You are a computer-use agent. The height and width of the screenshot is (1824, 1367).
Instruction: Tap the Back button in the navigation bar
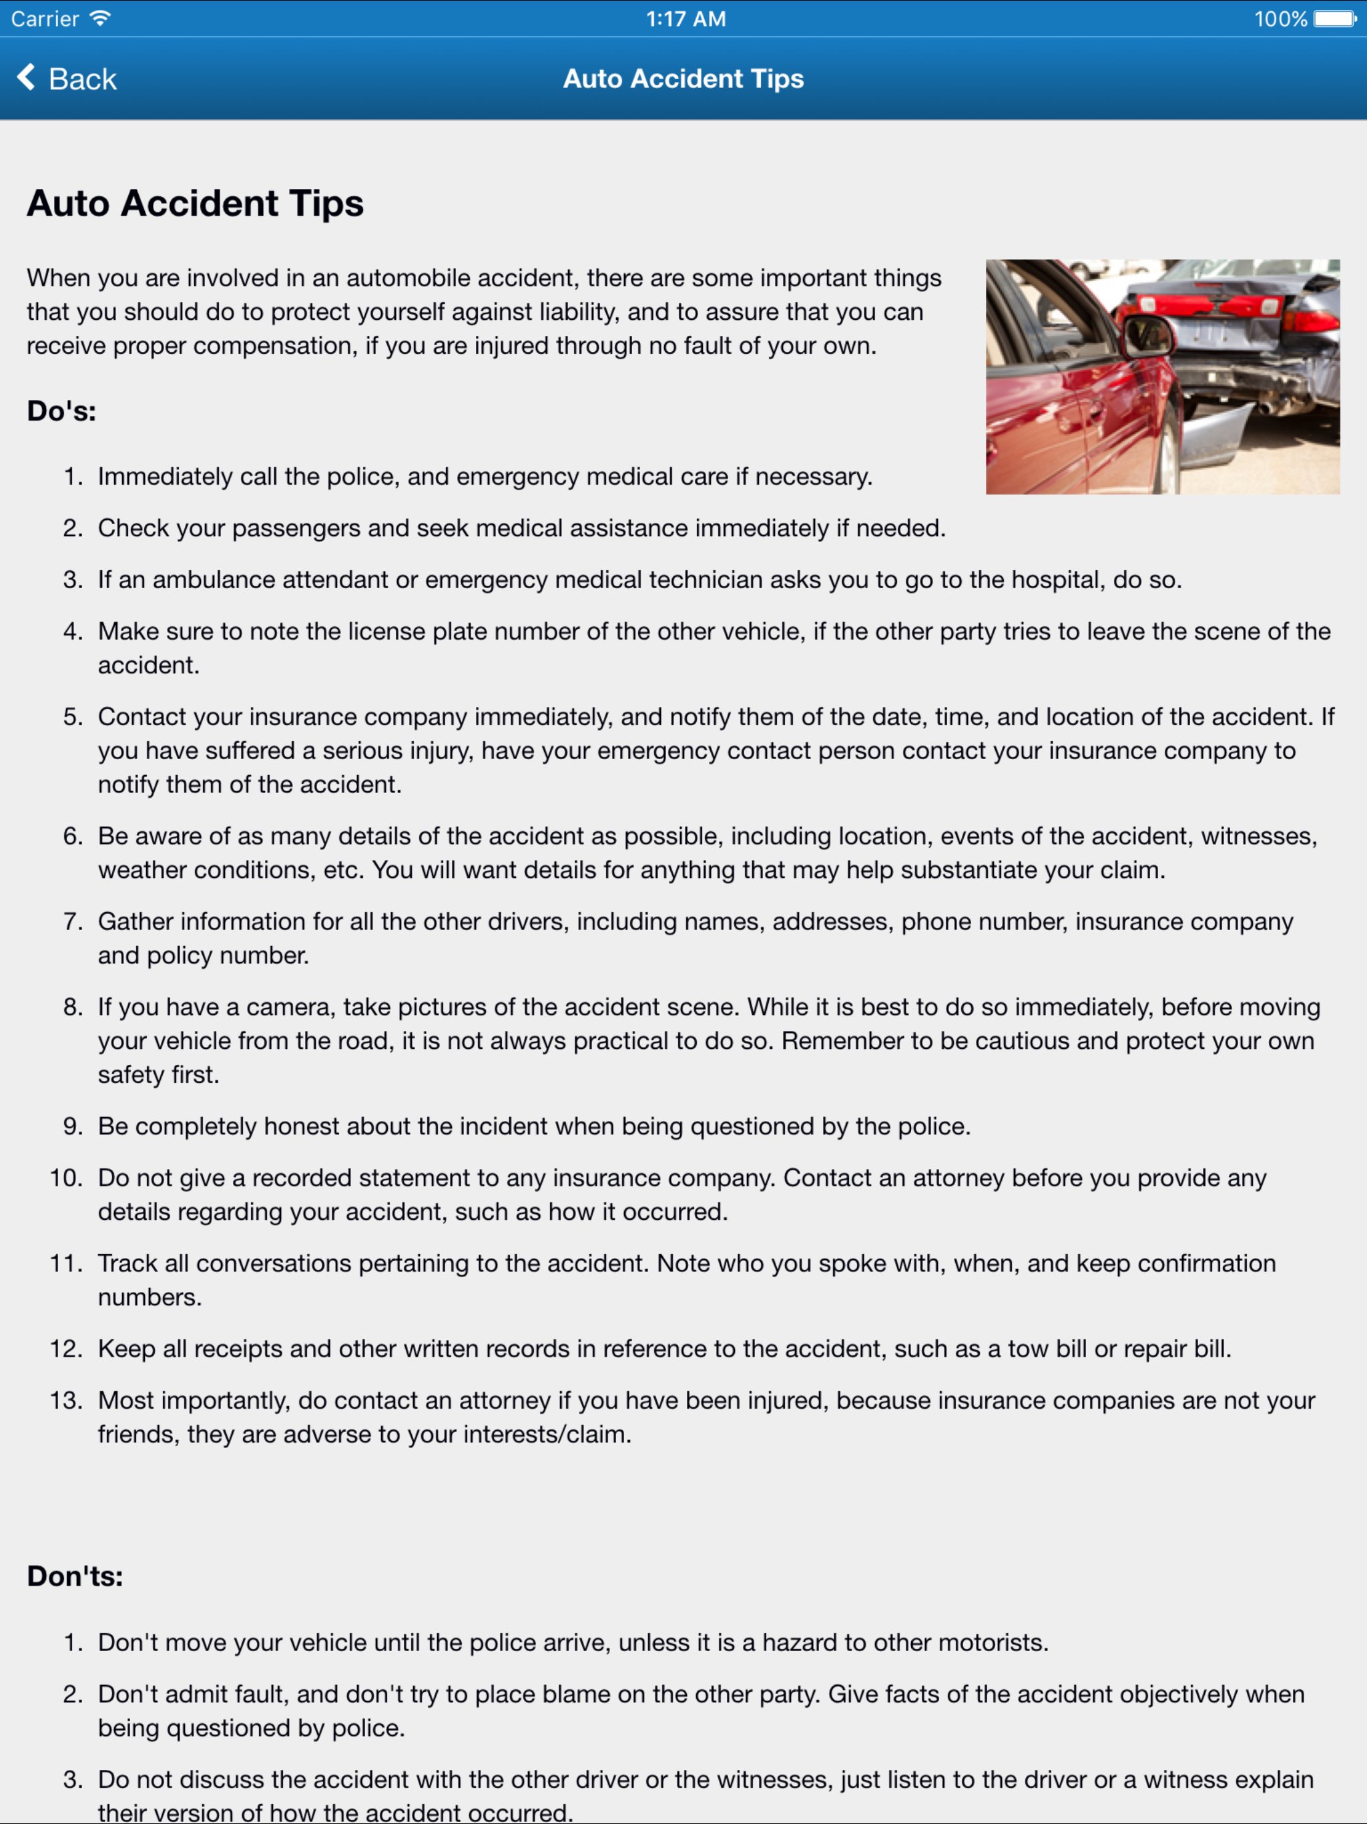point(67,79)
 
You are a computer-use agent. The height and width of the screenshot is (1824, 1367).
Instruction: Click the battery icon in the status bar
point(1335,19)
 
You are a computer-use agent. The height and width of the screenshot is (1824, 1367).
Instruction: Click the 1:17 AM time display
point(685,19)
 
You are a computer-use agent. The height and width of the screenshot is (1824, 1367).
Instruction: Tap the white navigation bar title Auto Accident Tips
point(683,79)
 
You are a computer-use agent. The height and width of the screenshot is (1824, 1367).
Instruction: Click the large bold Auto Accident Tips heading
point(196,204)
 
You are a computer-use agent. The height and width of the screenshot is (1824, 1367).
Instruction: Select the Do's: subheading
point(62,411)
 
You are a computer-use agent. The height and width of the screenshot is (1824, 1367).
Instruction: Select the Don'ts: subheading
point(75,1576)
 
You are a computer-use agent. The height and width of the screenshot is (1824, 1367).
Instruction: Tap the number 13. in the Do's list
point(66,1400)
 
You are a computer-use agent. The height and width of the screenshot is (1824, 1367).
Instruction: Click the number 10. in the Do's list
point(66,1178)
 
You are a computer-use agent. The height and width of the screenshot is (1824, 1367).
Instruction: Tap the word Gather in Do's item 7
point(135,922)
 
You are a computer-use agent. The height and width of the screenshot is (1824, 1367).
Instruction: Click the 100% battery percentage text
point(1280,19)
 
